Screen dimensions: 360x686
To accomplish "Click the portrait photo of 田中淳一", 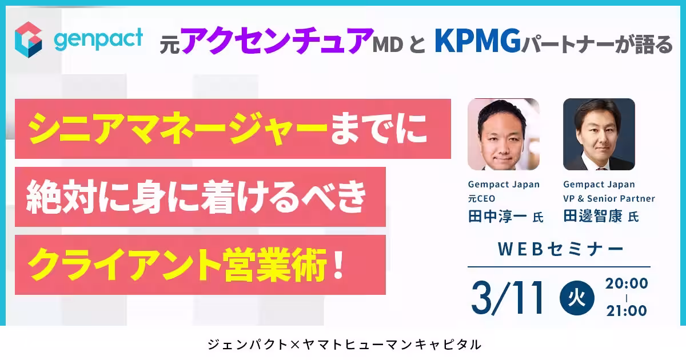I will coord(503,134).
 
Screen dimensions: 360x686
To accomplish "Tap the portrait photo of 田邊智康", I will coord(599,134).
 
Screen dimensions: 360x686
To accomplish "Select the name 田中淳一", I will coord(498,217).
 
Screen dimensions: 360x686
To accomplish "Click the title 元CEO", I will coord(481,199).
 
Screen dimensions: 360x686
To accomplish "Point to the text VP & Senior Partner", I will coord(609,199).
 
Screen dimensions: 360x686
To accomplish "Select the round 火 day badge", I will coord(577,298).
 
